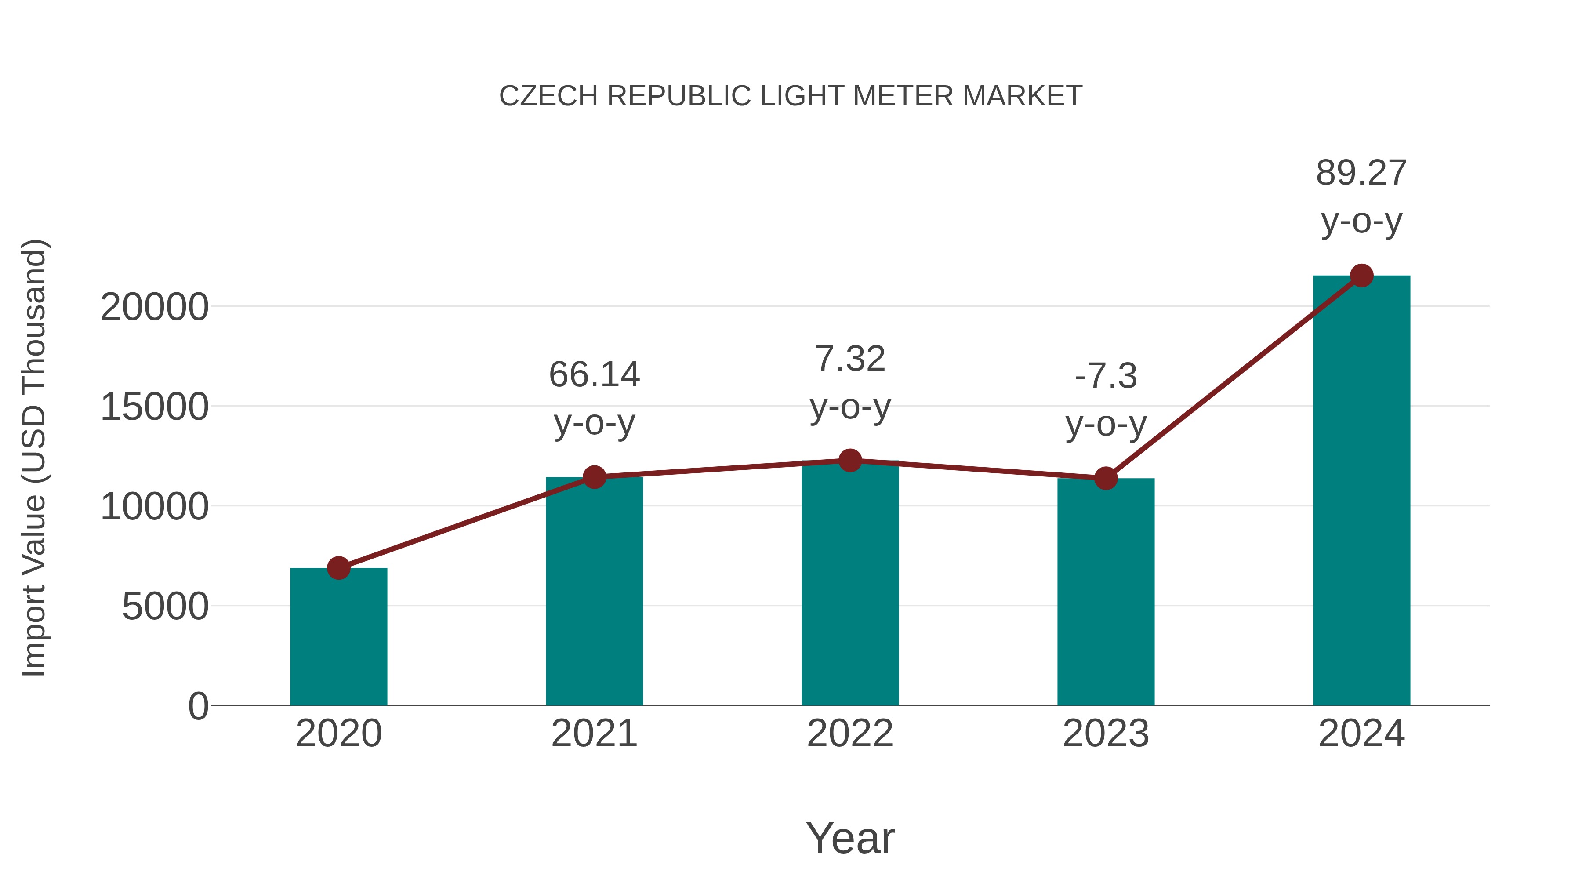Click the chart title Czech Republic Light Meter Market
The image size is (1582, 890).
[791, 96]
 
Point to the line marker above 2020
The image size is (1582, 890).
[338, 568]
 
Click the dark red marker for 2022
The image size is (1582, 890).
[850, 460]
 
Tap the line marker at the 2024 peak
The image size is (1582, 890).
[1361, 276]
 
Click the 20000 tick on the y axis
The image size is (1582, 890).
[154, 307]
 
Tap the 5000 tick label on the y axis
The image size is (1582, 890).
[165, 607]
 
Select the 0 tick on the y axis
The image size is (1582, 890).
[198, 706]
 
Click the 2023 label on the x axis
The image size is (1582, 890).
[1106, 734]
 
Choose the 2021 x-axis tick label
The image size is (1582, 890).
[594, 734]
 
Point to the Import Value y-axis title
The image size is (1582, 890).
[34, 458]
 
